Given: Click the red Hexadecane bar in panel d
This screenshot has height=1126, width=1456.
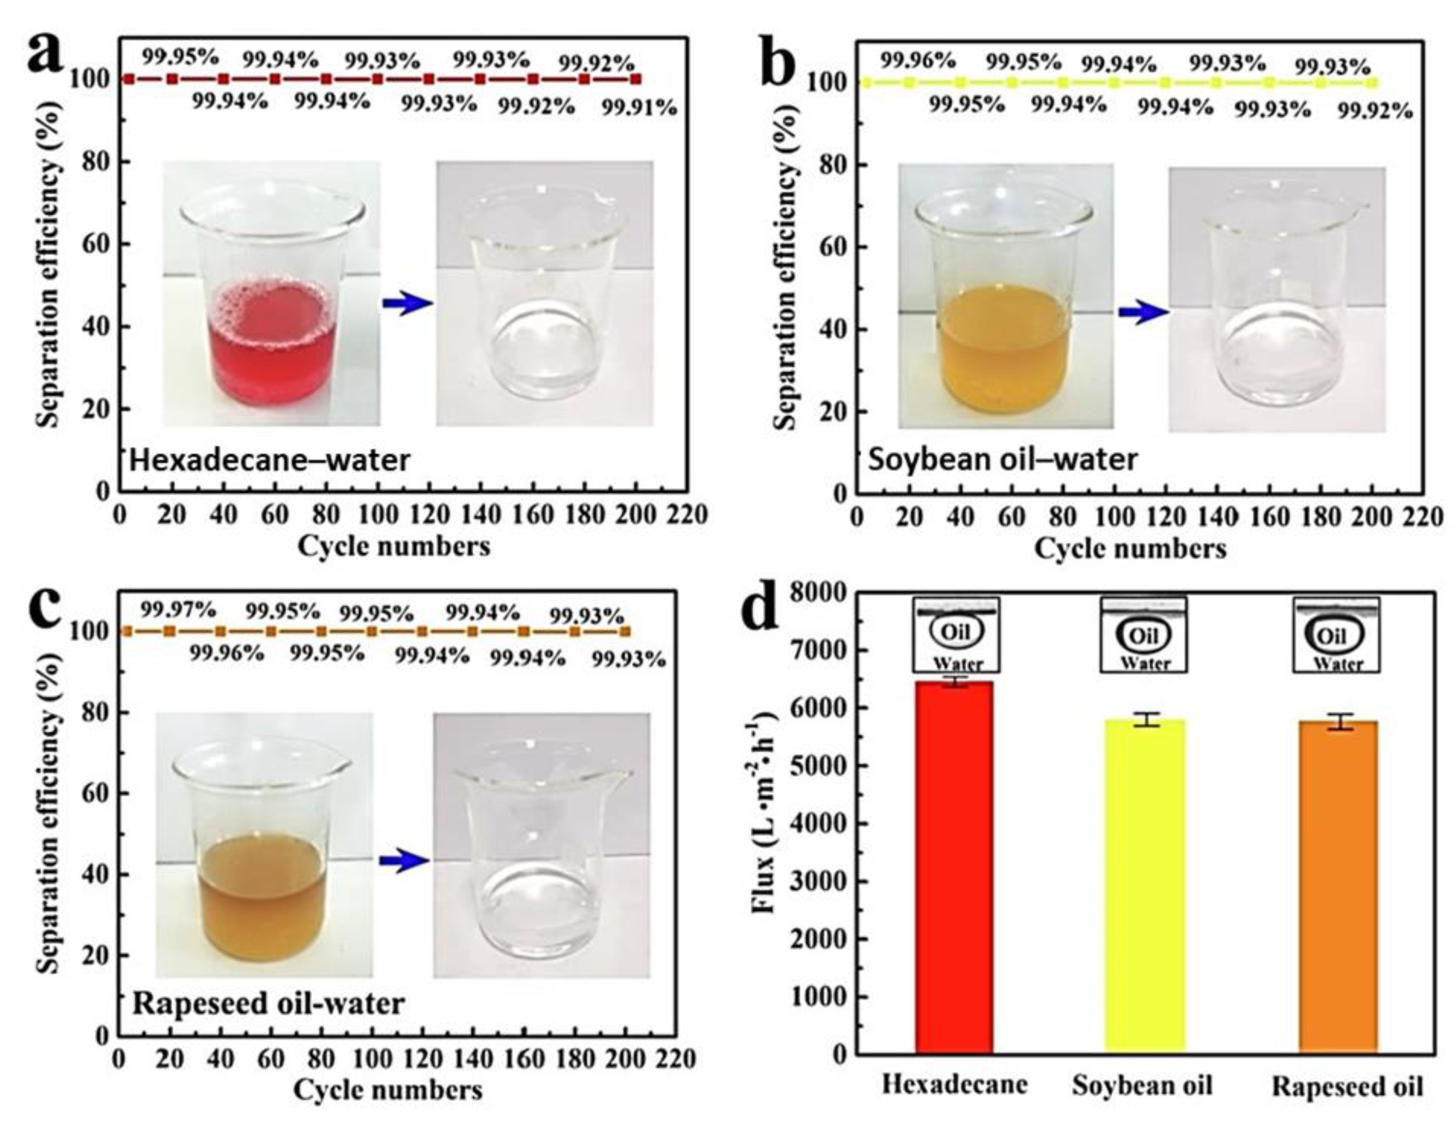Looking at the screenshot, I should [954, 866].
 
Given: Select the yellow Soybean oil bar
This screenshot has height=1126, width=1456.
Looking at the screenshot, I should [1144, 886].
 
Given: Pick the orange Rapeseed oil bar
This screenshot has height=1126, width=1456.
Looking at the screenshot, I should [1338, 886].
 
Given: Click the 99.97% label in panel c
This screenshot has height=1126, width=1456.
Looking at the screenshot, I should [178, 609].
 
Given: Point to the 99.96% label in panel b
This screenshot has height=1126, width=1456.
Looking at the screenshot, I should [918, 61].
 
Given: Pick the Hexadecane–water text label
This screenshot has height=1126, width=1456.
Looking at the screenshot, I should [270, 460].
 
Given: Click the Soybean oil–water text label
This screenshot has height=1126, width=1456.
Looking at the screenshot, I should [1002, 459].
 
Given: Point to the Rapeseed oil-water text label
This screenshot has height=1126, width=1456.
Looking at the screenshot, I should [269, 1003].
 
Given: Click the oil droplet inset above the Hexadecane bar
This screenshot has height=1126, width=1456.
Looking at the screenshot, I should [956, 634].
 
